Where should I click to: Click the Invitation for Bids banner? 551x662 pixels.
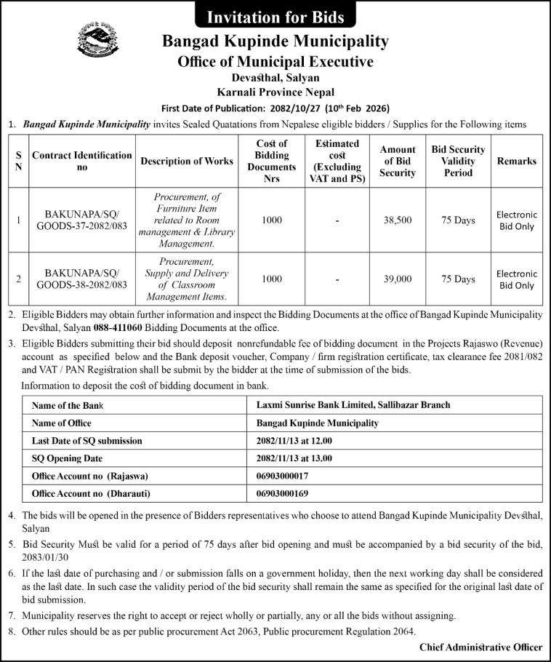point(275,15)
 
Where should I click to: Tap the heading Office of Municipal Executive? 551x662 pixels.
point(275,62)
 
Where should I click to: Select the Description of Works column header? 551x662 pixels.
point(187,161)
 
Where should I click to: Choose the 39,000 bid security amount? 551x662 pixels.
point(398,279)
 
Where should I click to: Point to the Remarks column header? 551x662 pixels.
point(516,161)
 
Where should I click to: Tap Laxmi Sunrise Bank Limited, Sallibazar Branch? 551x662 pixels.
point(353,404)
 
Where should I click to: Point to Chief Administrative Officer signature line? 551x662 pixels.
point(480,647)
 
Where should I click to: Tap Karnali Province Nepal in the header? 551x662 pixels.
point(275,92)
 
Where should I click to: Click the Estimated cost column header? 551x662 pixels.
point(337,161)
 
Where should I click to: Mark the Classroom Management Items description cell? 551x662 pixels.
point(187,279)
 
